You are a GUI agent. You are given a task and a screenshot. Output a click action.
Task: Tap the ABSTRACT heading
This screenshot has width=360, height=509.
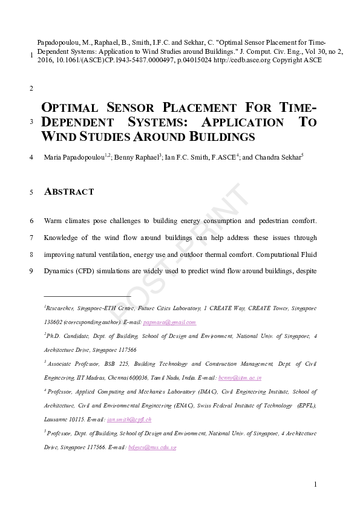pos(70,192)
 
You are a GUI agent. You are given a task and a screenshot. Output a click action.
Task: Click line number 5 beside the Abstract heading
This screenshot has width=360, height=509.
pos(31,193)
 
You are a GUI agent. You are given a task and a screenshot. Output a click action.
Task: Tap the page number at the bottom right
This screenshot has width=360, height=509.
pos(315,484)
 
